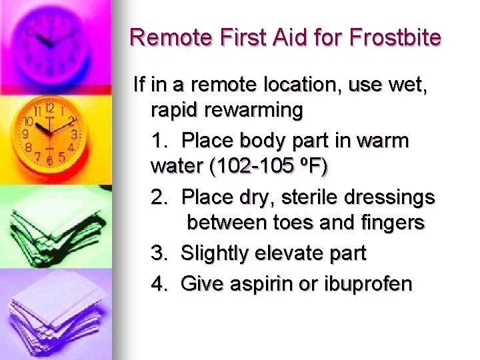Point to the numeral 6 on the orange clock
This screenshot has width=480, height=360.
click(49, 161)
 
